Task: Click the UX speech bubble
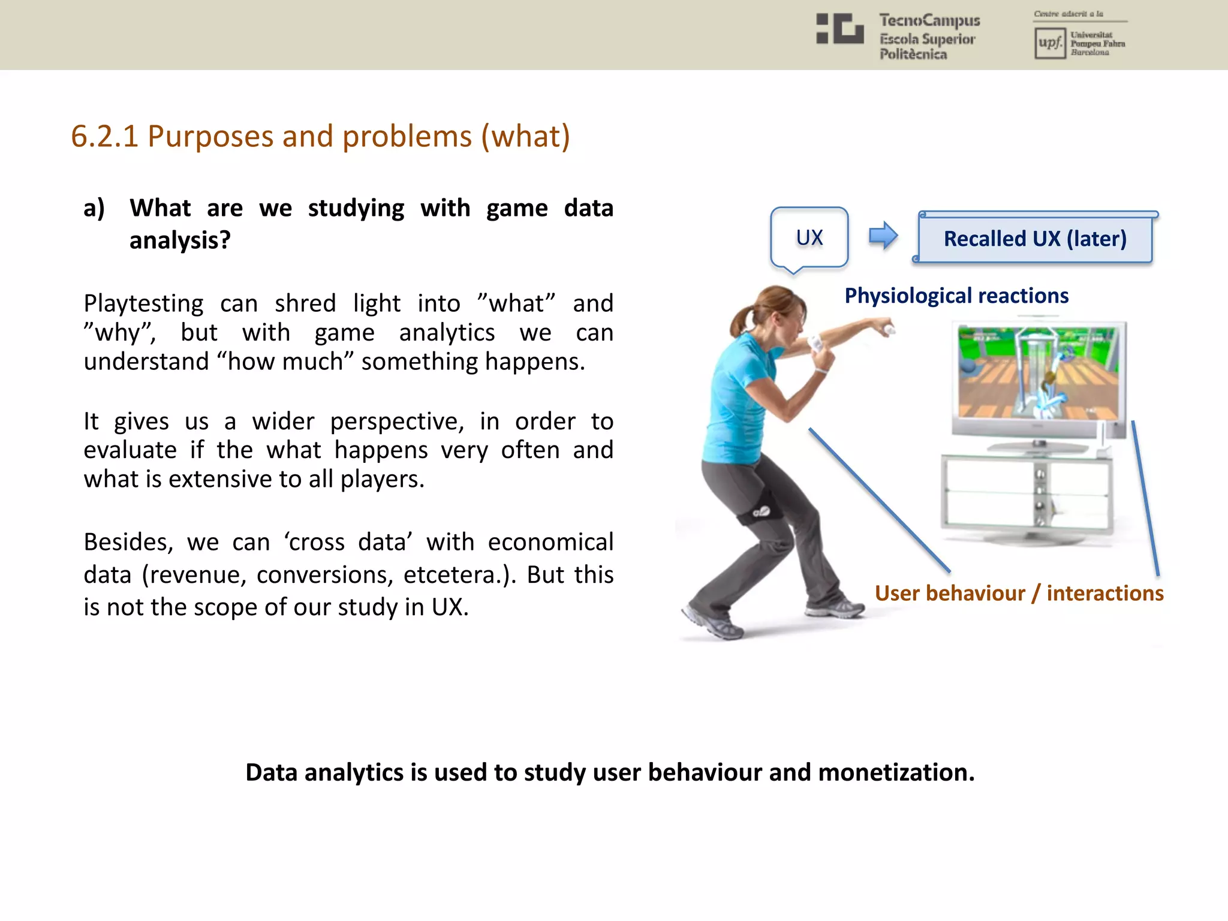[x=809, y=238]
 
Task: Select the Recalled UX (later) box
[x=1035, y=239]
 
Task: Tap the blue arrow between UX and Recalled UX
[x=883, y=236]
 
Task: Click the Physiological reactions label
[x=956, y=296]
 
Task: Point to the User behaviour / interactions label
[x=1019, y=594]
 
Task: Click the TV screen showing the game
[x=1038, y=373]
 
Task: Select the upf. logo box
[x=1049, y=43]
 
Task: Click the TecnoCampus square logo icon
[x=840, y=29]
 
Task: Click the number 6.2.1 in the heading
[x=104, y=137]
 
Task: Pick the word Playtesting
[x=143, y=304]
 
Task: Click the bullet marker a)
[x=94, y=209]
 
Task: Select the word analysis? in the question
[x=180, y=241]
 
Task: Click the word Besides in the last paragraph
[x=128, y=543]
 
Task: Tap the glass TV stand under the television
[x=1027, y=495]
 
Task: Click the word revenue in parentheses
[x=197, y=576]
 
